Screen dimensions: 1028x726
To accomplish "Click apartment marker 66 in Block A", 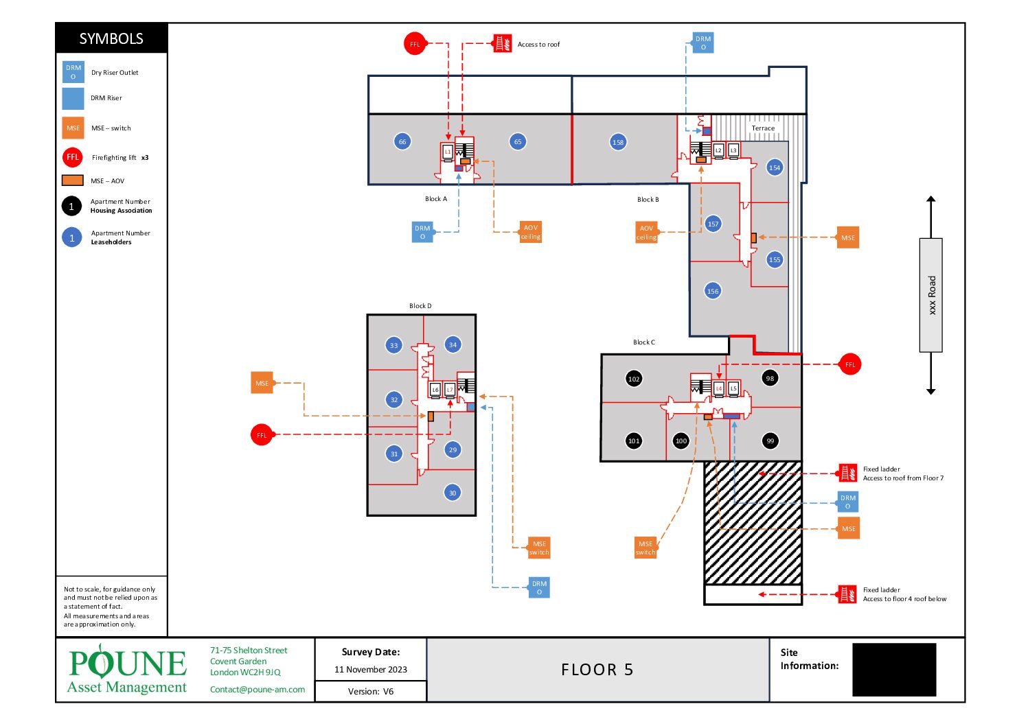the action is (402, 142).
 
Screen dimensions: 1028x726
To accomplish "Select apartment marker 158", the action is (618, 142).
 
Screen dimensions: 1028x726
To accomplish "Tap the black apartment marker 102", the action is (634, 379).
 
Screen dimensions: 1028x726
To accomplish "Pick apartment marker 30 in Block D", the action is (453, 493).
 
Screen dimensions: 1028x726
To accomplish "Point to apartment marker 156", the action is (713, 291).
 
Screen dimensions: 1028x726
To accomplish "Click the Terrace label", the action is (763, 128).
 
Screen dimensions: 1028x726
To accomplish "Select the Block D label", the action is (420, 306).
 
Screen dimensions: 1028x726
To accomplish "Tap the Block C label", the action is (644, 342).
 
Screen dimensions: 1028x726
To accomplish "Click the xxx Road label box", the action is (931, 295).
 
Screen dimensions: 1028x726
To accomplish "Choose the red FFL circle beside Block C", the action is (850, 364).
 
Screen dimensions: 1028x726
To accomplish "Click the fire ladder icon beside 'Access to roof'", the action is (503, 44).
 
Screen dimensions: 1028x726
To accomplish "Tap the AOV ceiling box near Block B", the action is (646, 233).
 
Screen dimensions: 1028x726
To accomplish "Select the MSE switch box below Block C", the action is (646, 548).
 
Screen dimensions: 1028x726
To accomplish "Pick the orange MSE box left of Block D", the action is (262, 383).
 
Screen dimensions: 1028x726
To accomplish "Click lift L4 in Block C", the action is (719, 388).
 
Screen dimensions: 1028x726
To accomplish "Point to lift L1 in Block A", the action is (448, 152).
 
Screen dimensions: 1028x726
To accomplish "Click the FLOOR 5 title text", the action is (597, 670).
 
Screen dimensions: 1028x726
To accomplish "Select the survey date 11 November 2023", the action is (371, 670).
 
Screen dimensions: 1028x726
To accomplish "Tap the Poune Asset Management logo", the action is (127, 668).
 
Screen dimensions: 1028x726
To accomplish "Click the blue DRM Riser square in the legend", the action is (73, 99).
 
